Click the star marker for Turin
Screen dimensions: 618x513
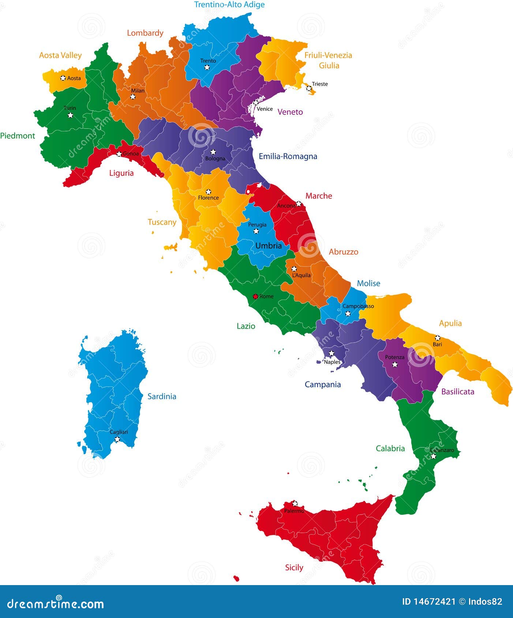(70, 115)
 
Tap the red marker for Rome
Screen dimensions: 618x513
(255, 296)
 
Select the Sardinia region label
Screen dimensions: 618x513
(162, 396)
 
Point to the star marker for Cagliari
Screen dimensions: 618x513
(117, 439)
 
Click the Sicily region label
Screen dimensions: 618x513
(294, 568)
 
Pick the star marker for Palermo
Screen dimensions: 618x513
(295, 504)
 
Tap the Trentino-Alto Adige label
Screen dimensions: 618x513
(229, 5)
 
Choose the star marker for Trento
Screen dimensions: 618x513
(207, 67)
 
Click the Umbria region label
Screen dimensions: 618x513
(269, 246)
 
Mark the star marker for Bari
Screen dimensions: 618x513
(437, 338)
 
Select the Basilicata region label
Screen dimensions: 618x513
(458, 392)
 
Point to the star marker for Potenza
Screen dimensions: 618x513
(395, 364)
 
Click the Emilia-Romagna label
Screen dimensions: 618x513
(288, 157)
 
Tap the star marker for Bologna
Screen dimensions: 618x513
(213, 152)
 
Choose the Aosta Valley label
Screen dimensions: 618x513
(60, 55)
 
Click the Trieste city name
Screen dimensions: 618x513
(320, 84)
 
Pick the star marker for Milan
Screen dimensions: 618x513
(133, 97)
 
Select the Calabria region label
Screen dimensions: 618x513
(390, 449)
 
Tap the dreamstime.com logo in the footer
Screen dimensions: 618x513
(56, 603)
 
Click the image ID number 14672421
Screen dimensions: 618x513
(434, 602)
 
